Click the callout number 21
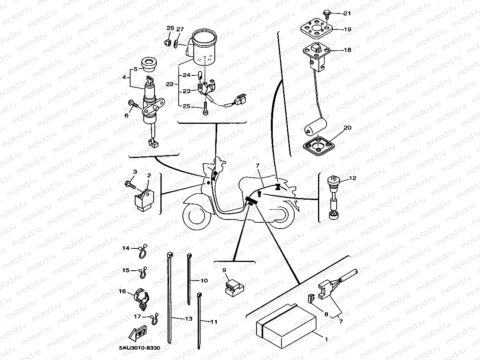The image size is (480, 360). [347, 13]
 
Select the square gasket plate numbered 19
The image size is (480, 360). [316, 28]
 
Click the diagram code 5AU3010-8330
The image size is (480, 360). [139, 348]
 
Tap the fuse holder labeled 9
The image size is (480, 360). [233, 287]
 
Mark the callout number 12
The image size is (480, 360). [353, 178]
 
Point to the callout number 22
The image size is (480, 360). [170, 84]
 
